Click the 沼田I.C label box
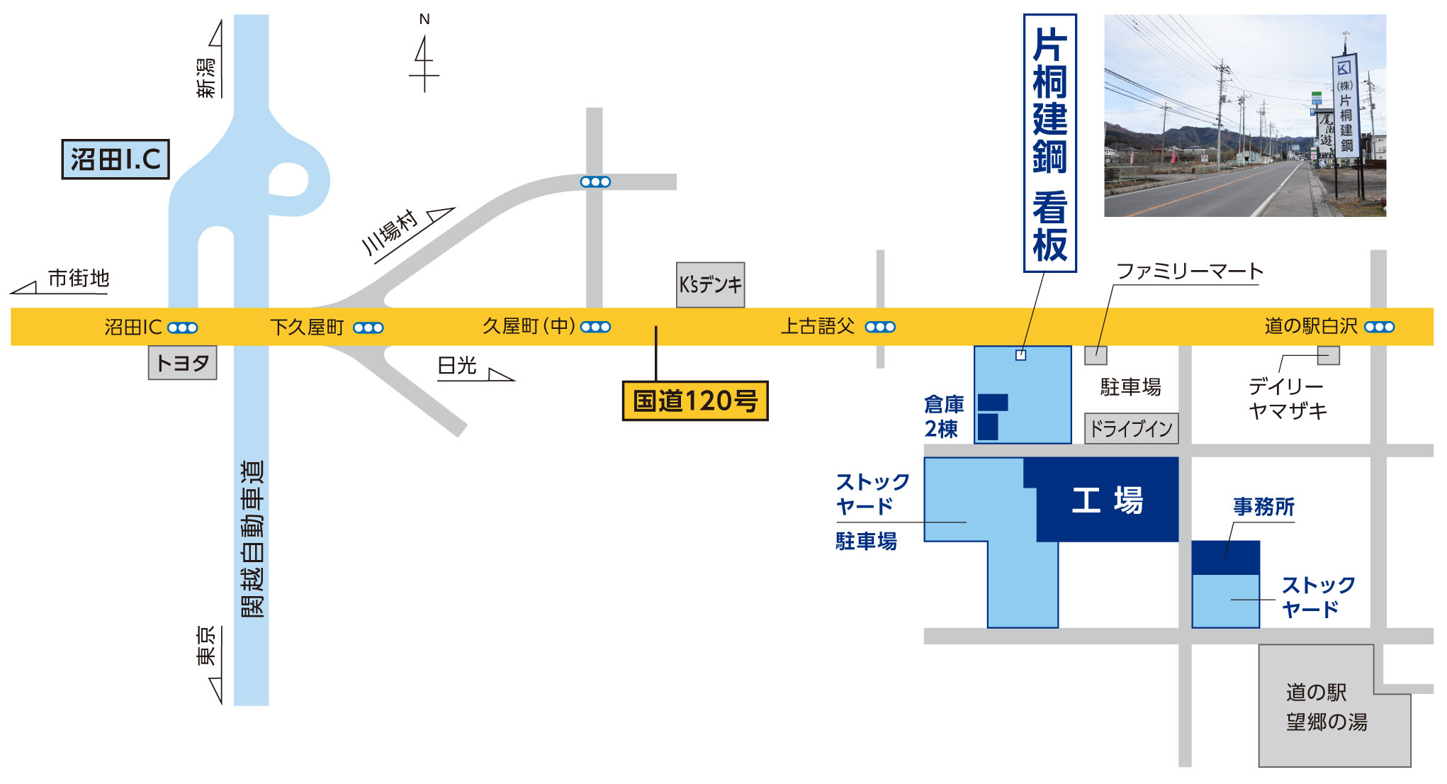116,159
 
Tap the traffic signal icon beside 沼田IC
183,327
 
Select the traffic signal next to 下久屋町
368,327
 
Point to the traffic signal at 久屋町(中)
595,327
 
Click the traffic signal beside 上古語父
880,327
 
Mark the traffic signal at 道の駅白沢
1379,327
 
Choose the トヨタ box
182,363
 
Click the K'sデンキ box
710,285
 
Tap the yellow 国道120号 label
695,401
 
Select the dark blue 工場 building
1107,500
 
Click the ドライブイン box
1131,429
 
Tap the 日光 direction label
458,366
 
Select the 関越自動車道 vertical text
252,539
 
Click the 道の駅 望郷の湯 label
1326,707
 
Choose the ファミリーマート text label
1189,271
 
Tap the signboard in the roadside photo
1344,106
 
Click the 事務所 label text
1263,507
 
